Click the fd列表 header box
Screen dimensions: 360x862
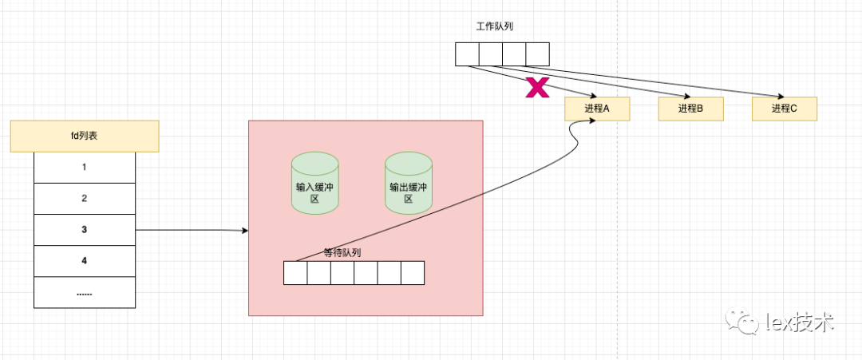coord(85,136)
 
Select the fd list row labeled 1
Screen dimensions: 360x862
coord(85,168)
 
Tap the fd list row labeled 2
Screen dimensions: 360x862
coord(85,199)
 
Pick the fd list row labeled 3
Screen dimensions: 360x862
coord(85,230)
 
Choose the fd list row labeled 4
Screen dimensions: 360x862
coord(85,261)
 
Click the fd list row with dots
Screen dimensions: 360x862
coord(85,292)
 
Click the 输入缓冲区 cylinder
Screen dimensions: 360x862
coord(314,183)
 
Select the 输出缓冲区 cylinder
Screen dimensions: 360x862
coord(408,183)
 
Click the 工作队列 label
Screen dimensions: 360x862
coord(495,26)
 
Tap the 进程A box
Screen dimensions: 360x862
coord(597,109)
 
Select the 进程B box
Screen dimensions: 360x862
coord(690,109)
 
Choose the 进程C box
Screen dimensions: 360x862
coord(785,109)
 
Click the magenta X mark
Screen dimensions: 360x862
coord(537,89)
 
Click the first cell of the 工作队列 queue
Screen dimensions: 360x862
coord(467,54)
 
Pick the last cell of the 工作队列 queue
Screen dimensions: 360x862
coord(538,54)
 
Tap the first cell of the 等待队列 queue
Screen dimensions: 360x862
coord(296,273)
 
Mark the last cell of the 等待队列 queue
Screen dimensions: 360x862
coord(413,273)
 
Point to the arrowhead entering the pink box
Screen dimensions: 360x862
coord(244,231)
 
